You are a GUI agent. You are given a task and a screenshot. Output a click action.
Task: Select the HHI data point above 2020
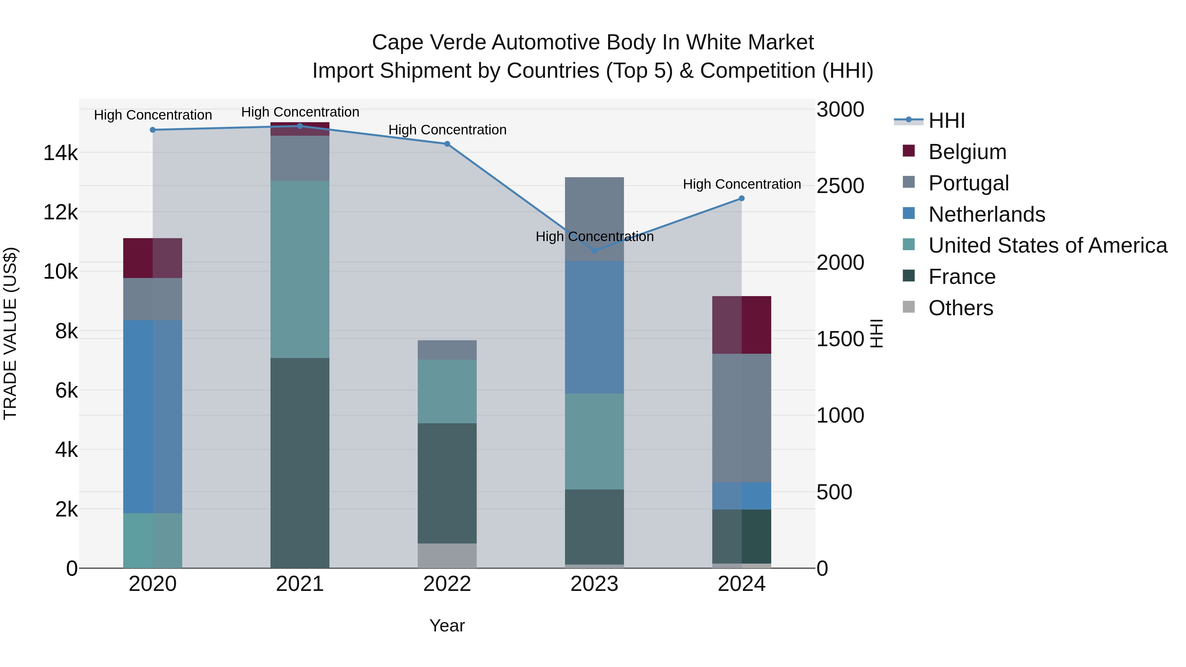tap(153, 130)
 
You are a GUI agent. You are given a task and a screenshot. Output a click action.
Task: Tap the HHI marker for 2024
tap(741, 198)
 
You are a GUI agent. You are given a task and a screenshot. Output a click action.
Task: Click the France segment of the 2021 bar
tap(300, 463)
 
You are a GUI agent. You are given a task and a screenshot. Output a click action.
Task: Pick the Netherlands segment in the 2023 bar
tap(594, 327)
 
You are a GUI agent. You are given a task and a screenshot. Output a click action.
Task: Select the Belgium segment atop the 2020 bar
tap(153, 258)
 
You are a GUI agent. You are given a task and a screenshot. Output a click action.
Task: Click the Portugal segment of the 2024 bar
tap(741, 418)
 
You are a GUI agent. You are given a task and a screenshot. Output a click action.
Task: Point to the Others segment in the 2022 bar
tap(447, 556)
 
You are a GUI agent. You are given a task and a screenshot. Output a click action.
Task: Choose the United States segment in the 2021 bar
tap(300, 269)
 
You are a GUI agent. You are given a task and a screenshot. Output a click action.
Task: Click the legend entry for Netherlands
tap(987, 214)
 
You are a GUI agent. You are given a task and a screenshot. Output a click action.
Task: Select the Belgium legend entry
tap(967, 152)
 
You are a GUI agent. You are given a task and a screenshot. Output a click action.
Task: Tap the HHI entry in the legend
tap(946, 121)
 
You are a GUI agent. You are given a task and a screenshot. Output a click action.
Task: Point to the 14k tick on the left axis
tap(60, 153)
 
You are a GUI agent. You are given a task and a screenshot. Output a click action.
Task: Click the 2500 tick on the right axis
tap(840, 186)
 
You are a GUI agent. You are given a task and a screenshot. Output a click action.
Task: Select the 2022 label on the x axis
tap(447, 584)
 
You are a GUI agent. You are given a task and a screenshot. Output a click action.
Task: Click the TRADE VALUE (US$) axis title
tap(10, 333)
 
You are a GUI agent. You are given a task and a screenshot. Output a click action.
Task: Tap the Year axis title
tap(447, 625)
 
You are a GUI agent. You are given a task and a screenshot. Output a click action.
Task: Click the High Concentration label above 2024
tap(741, 184)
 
